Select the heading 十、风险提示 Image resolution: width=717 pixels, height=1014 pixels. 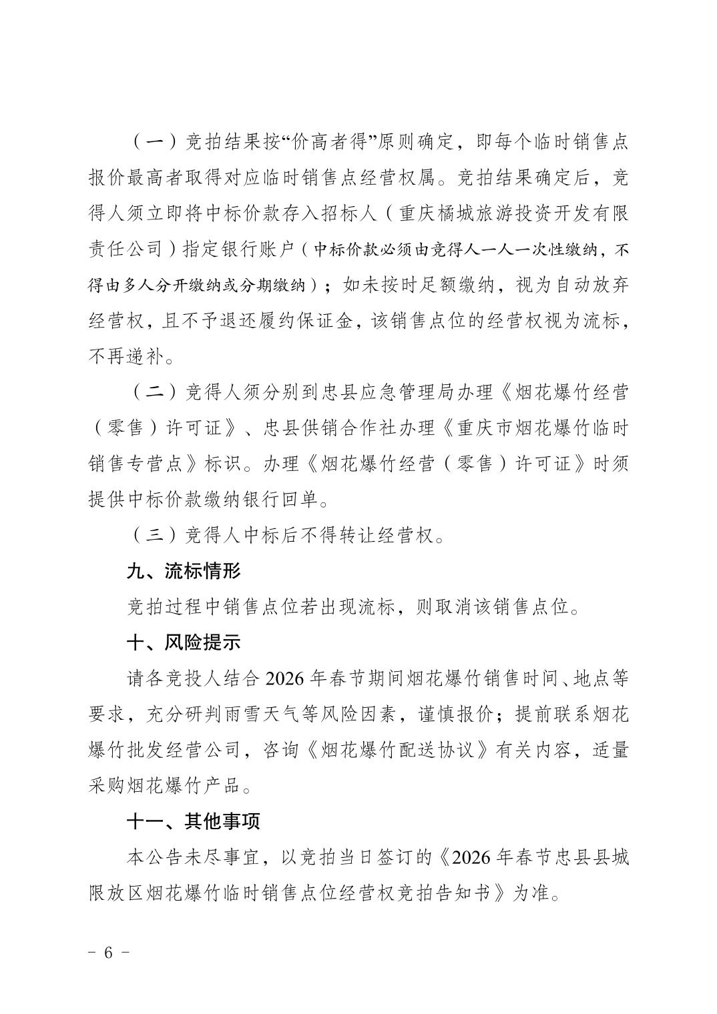point(184,642)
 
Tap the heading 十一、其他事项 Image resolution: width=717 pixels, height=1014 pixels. point(193,821)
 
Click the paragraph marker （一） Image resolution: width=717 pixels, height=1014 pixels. point(154,143)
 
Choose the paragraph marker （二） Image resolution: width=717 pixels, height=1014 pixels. point(154,392)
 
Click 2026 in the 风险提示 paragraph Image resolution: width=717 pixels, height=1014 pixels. point(285,678)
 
